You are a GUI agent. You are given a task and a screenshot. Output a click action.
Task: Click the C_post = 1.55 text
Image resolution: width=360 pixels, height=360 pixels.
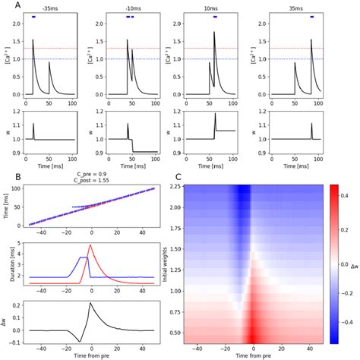92,182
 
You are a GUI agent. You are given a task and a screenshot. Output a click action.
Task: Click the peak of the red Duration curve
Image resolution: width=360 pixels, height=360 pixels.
91,245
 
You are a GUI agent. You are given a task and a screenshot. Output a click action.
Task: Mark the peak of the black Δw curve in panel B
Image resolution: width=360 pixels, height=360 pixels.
91,303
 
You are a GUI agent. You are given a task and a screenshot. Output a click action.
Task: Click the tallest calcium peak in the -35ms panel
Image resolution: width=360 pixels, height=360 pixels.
33,40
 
